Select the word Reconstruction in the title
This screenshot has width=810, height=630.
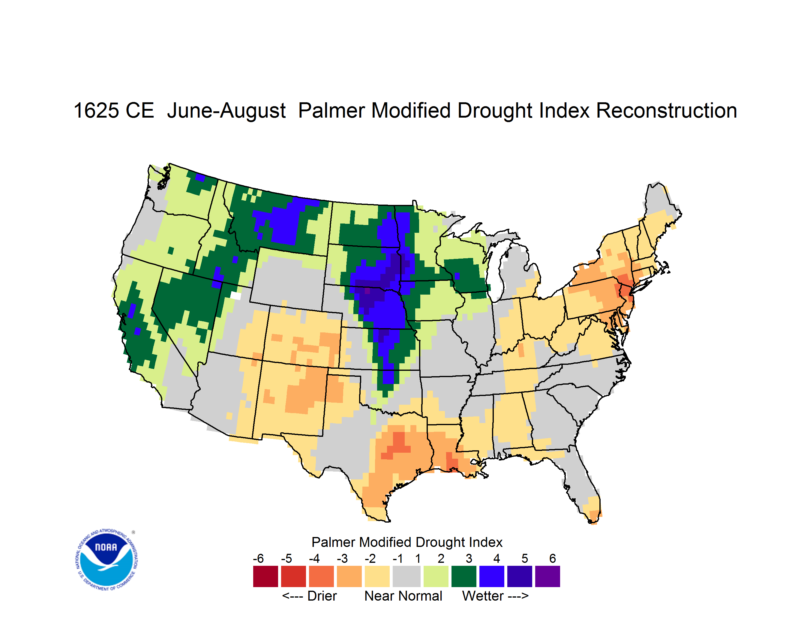(666, 110)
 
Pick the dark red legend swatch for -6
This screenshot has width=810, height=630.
(265, 576)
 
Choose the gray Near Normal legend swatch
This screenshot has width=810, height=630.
(406, 576)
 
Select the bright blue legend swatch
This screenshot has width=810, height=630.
(492, 576)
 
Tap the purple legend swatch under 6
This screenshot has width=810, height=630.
(547, 576)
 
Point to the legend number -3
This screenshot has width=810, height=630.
(342, 558)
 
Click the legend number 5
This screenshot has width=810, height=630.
(525, 558)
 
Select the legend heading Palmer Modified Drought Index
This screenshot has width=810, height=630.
(407, 542)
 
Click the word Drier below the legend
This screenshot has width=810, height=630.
(322, 596)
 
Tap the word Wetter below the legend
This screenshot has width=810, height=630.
(483, 596)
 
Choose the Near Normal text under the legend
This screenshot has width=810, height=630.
(403, 596)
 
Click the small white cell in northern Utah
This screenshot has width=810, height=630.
(235, 295)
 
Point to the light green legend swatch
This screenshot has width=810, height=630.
(436, 576)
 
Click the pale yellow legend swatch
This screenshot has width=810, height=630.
(377, 576)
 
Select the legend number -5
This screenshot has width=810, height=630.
(286, 558)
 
